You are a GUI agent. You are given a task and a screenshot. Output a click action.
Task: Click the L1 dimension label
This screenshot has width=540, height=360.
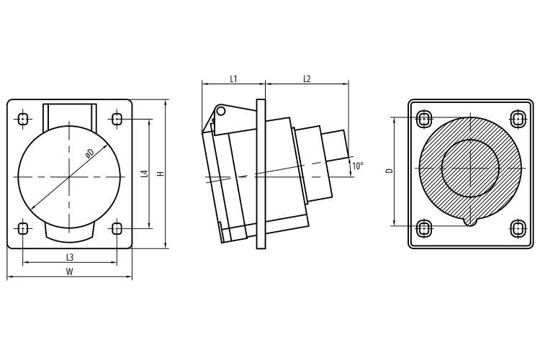click(233, 79)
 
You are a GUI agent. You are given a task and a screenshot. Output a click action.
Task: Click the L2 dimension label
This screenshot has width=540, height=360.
click(307, 79)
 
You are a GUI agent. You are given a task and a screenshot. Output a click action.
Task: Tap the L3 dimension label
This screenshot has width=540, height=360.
click(70, 257)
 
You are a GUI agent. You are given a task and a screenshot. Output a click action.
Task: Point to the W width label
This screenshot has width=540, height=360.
click(70, 272)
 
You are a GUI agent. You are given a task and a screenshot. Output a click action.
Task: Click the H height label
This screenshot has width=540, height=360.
click(161, 174)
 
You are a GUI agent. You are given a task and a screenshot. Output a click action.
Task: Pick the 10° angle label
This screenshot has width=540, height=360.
click(358, 166)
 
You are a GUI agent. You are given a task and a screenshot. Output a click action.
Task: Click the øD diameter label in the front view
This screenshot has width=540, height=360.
click(89, 153)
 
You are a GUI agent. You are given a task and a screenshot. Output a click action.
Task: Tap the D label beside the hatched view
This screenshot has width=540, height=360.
click(390, 170)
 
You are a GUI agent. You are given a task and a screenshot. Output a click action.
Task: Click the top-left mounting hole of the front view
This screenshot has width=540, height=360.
click(23, 120)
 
